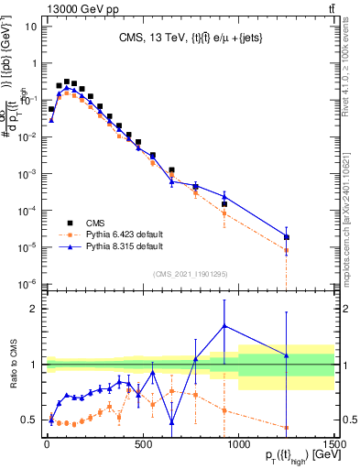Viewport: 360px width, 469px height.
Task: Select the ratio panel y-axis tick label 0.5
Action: (27, 420)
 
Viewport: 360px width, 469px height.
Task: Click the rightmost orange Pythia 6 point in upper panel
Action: (287, 250)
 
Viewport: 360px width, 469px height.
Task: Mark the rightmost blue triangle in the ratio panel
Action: (287, 355)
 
